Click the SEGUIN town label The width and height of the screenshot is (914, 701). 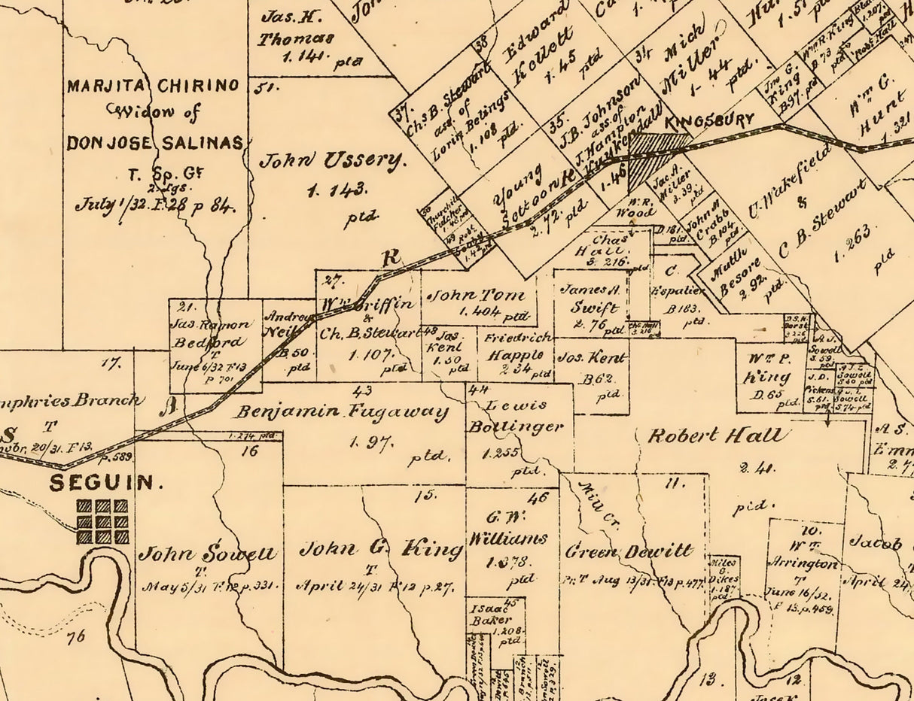[x=105, y=483]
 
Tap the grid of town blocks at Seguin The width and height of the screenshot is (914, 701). [x=102, y=521]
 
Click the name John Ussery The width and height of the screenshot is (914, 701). [x=332, y=160]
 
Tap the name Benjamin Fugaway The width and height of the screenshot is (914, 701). [x=341, y=412]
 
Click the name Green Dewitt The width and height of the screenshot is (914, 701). [x=629, y=551]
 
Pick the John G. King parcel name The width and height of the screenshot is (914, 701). [x=380, y=549]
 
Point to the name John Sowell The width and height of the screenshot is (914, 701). [x=207, y=554]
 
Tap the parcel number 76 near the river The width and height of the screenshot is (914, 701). [x=75, y=638]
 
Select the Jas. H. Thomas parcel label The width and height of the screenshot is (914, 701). [x=295, y=28]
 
